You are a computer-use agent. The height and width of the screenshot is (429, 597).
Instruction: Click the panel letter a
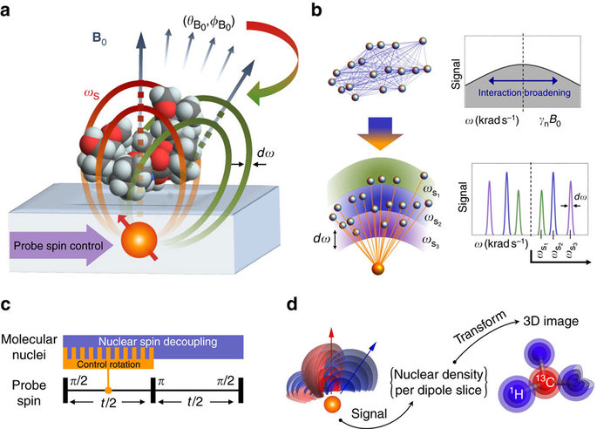[x=11, y=11]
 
